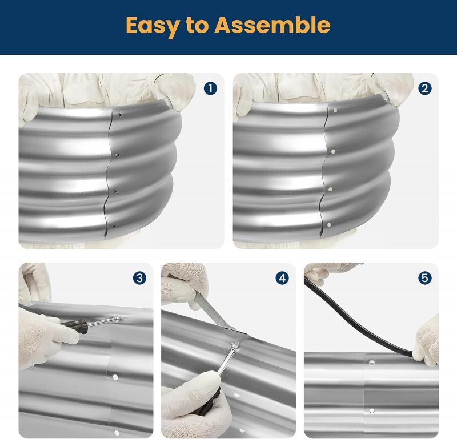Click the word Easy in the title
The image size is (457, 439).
click(x=153, y=26)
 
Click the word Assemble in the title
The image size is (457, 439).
click(x=272, y=26)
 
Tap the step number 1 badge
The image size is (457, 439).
click(x=211, y=88)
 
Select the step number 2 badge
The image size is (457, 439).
click(x=424, y=88)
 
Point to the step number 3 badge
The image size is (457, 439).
click(x=139, y=278)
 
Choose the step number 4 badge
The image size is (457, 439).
click(x=282, y=278)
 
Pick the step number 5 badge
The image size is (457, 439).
click(x=424, y=278)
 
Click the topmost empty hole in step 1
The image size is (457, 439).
click(x=118, y=116)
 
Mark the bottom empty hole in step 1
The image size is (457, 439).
click(x=114, y=227)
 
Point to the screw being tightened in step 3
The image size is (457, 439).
click(x=116, y=320)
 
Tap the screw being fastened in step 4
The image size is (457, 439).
click(x=235, y=345)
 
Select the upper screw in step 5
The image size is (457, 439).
click(x=372, y=362)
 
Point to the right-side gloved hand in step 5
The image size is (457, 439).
click(x=427, y=339)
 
